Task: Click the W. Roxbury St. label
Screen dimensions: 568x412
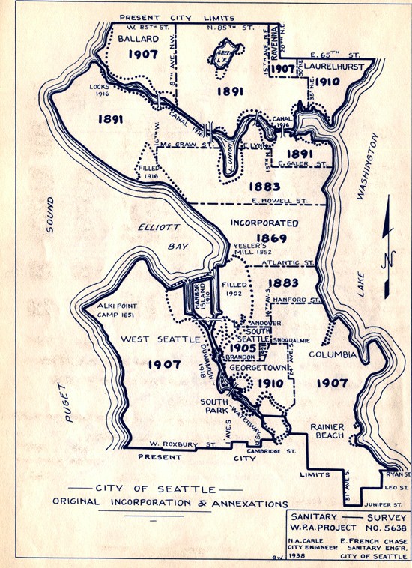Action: pyautogui.click(x=181, y=444)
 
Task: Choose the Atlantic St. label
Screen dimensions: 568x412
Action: pyautogui.click(x=291, y=263)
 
